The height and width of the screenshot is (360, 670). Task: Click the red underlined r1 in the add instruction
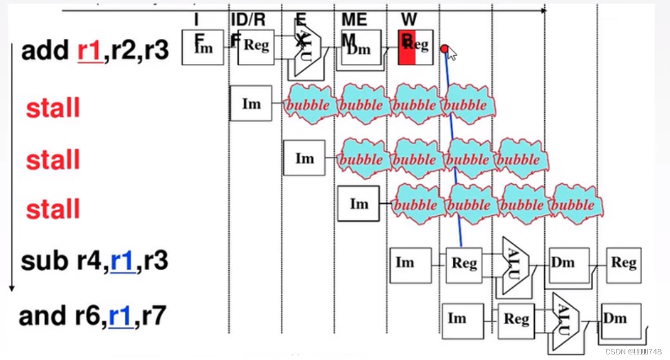pyautogui.click(x=89, y=52)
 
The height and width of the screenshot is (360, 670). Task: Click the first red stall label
pyautogui.click(x=53, y=107)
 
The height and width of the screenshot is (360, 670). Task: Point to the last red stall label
pyautogui.click(x=53, y=209)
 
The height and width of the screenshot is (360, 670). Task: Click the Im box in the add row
pyautogui.click(x=203, y=48)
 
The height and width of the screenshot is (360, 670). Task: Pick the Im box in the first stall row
pyautogui.click(x=251, y=103)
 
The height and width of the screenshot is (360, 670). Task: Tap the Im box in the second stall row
pyautogui.click(x=304, y=158)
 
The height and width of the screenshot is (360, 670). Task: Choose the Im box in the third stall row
pyautogui.click(x=358, y=203)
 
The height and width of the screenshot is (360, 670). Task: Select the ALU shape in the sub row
pyautogui.click(x=516, y=264)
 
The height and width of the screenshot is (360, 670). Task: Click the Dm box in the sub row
pyautogui.click(x=568, y=263)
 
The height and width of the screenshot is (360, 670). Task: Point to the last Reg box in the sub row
pyautogui.click(x=623, y=263)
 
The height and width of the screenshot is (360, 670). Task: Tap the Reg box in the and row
pyautogui.click(x=516, y=320)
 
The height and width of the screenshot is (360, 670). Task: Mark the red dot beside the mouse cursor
pyautogui.click(x=444, y=49)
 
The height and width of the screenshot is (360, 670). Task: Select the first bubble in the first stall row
pyautogui.click(x=309, y=104)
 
